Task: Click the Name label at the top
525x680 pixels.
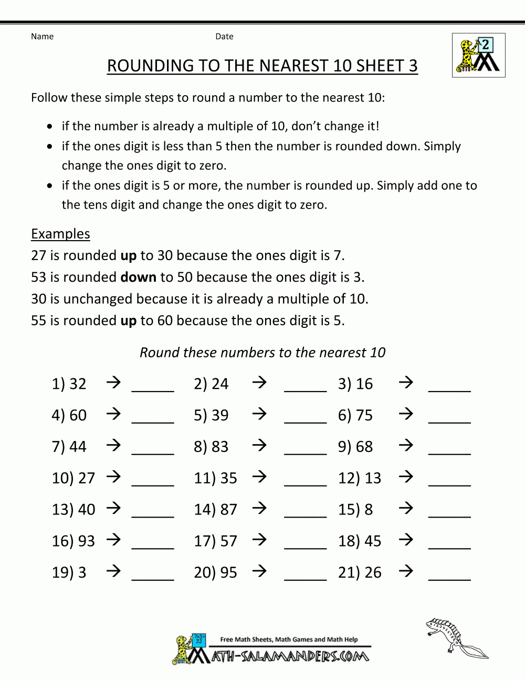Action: (42, 36)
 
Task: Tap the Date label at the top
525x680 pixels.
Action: (224, 36)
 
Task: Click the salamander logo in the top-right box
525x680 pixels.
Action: (478, 55)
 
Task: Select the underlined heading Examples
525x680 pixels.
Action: (60, 234)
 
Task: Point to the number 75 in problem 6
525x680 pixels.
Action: (364, 415)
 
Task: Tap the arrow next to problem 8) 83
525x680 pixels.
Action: (259, 446)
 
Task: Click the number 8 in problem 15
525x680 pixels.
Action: (369, 509)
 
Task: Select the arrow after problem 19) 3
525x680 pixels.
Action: (113, 571)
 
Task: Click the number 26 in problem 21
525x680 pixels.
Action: (373, 572)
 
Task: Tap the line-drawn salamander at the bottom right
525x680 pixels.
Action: (455, 637)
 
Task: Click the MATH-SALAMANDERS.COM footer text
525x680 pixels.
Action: (290, 656)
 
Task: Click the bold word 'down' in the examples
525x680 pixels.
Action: (139, 277)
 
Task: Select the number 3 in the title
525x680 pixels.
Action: (413, 66)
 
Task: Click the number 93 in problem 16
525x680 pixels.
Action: (86, 541)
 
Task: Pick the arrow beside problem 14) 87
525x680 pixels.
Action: (259, 508)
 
